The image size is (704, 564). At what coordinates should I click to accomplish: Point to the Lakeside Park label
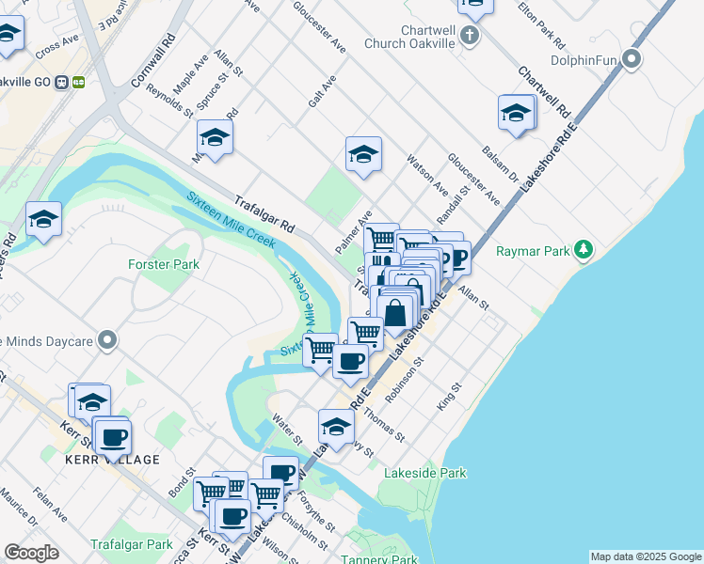click(424, 474)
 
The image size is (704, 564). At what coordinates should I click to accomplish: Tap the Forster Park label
click(164, 265)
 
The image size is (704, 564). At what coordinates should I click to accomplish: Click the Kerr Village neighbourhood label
click(112, 459)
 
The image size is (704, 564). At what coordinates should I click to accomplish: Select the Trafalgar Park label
click(132, 544)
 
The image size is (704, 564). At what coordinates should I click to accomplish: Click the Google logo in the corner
click(31, 553)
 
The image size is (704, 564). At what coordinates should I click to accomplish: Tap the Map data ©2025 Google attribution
click(645, 556)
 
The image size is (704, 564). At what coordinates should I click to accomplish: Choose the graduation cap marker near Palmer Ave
click(362, 153)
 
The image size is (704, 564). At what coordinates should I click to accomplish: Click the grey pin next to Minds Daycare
click(107, 339)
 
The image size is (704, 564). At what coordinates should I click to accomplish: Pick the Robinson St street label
click(406, 372)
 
